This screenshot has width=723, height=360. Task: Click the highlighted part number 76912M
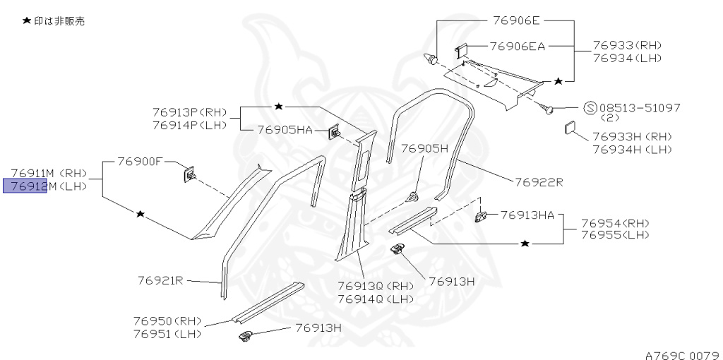click(x=26, y=186)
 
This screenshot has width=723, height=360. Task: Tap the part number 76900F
click(x=140, y=162)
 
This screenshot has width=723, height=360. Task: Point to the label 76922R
click(x=538, y=181)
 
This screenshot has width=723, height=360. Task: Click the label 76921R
click(x=160, y=280)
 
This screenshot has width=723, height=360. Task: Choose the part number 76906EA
click(x=517, y=47)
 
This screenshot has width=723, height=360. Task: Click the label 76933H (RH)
click(x=632, y=136)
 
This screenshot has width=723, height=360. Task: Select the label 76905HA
click(x=285, y=129)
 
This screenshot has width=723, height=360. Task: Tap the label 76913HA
click(x=527, y=215)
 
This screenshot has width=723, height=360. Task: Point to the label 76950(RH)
click(x=167, y=320)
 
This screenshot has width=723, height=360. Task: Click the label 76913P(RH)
click(x=189, y=112)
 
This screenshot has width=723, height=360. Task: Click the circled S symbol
click(x=591, y=108)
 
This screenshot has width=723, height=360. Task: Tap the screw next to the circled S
click(x=546, y=108)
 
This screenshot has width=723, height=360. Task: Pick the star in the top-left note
click(x=26, y=21)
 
